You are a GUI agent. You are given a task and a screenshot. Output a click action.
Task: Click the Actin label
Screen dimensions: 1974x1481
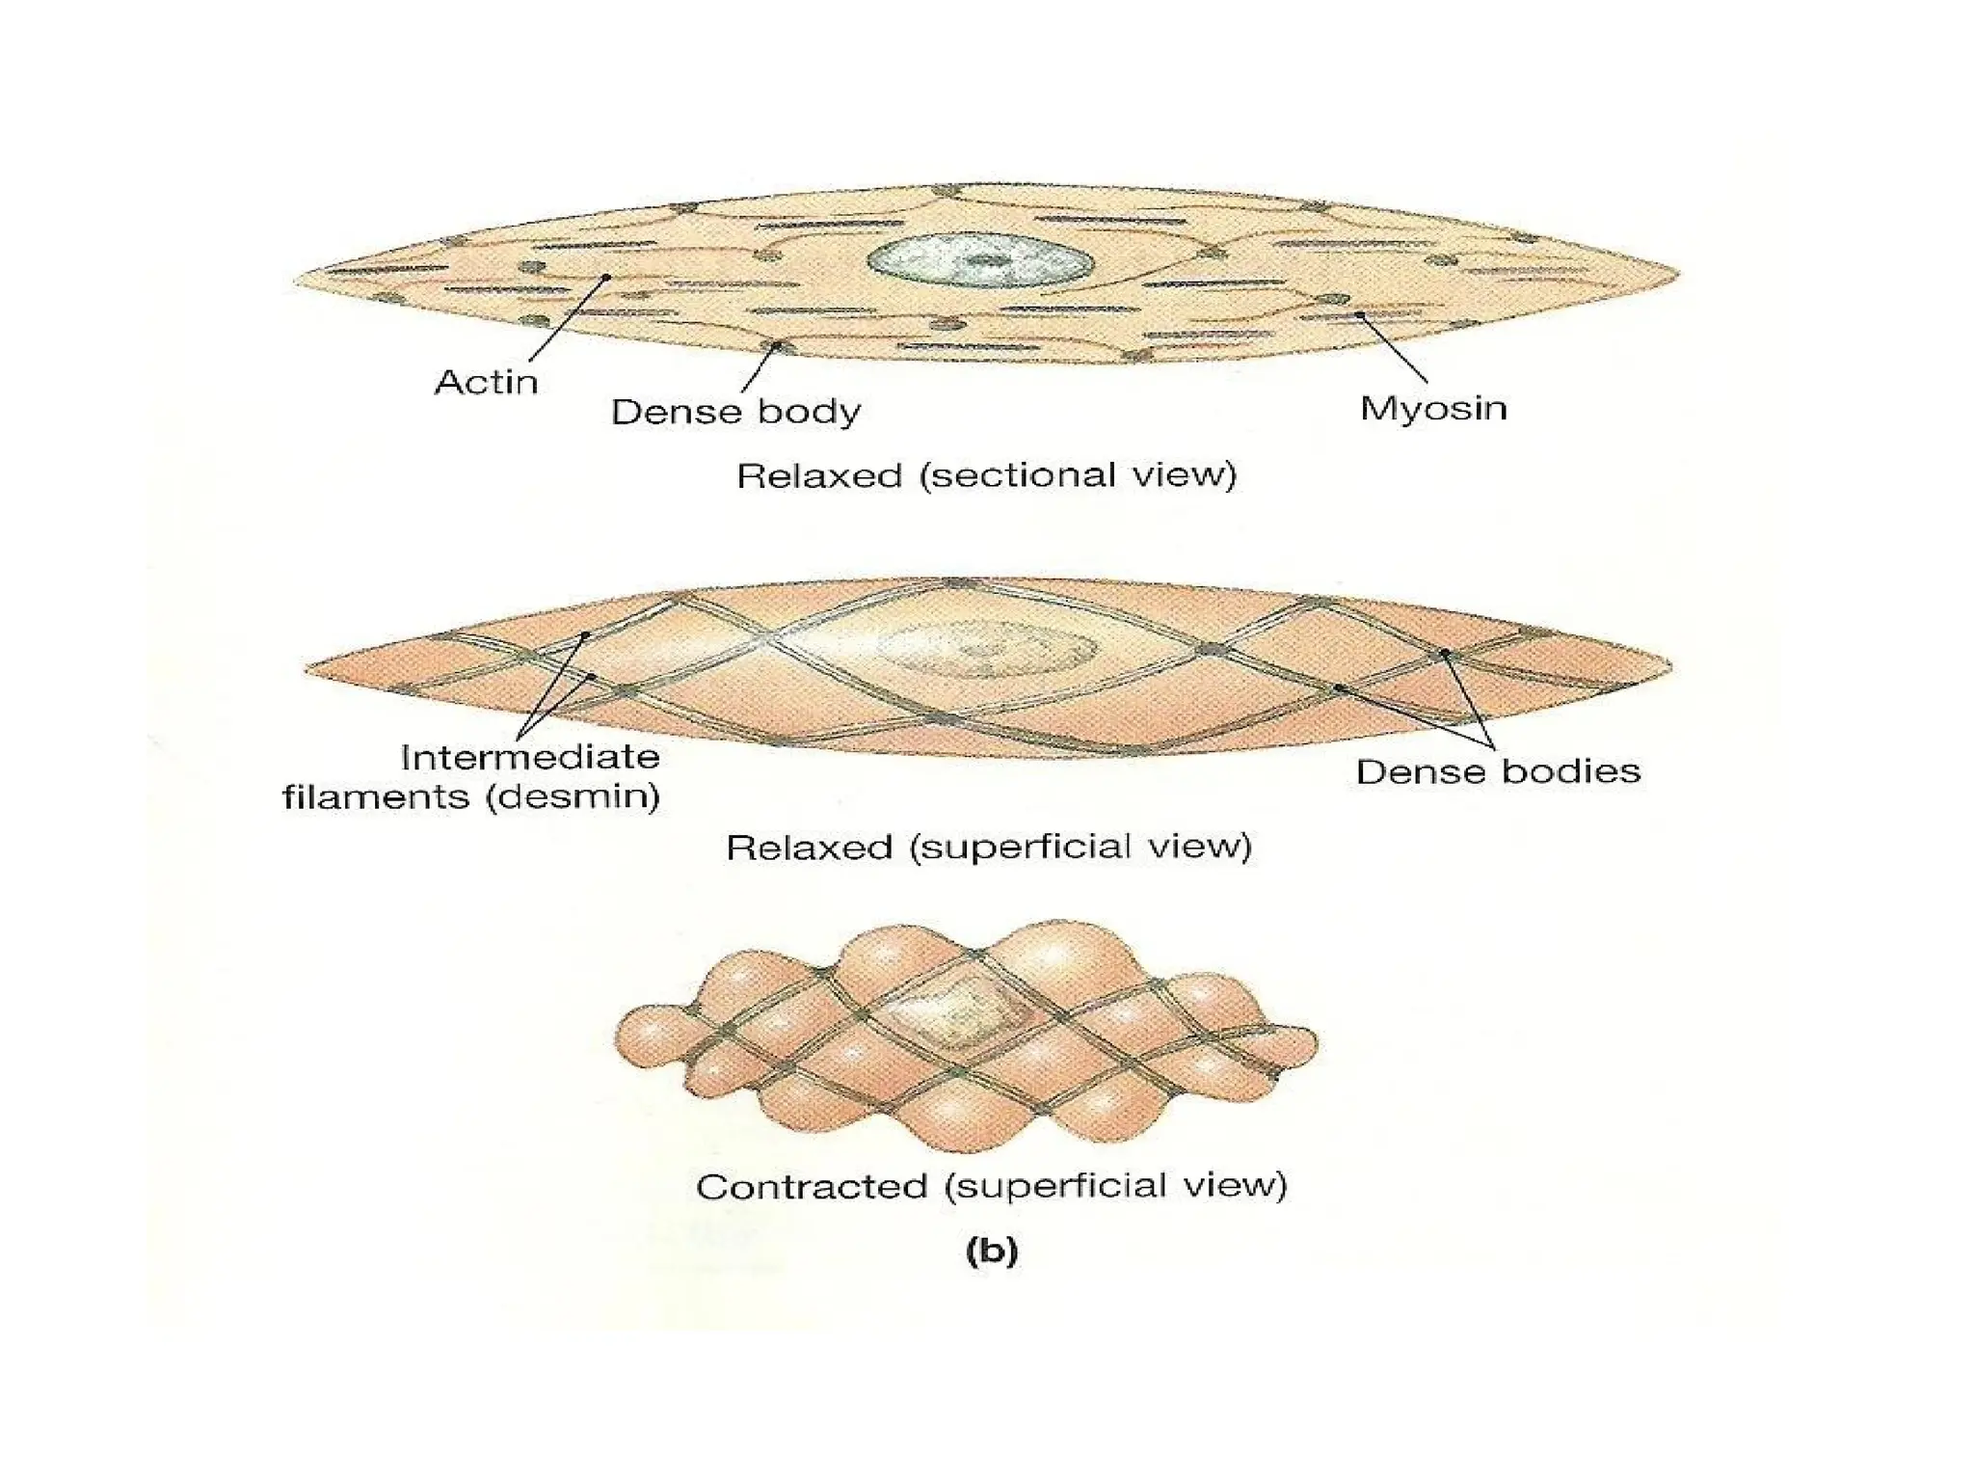486,383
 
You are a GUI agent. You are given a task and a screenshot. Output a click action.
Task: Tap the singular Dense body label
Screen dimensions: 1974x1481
735,412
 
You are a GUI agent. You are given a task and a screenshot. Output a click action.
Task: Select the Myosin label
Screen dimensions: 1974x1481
1433,408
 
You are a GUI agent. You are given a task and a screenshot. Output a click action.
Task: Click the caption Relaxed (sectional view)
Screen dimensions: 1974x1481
986,475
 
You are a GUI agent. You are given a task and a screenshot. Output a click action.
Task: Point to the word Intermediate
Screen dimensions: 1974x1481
530,757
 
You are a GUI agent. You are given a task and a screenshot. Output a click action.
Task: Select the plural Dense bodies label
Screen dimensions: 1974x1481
1498,771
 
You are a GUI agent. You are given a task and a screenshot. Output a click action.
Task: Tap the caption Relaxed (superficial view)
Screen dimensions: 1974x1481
989,848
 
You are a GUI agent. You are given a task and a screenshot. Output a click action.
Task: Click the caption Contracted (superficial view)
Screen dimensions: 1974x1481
992,1186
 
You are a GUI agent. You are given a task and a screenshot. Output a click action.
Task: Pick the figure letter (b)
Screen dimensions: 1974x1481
992,1251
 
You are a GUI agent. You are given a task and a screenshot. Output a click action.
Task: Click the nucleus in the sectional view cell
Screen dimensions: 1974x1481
980,261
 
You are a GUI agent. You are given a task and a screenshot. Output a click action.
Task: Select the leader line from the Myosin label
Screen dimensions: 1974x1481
1394,347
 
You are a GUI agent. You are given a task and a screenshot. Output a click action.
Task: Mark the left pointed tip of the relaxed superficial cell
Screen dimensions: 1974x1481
310,666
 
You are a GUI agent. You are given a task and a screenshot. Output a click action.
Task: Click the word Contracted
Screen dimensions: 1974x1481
812,1187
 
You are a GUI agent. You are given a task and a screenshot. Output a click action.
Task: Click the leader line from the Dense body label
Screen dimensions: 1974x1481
760,367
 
